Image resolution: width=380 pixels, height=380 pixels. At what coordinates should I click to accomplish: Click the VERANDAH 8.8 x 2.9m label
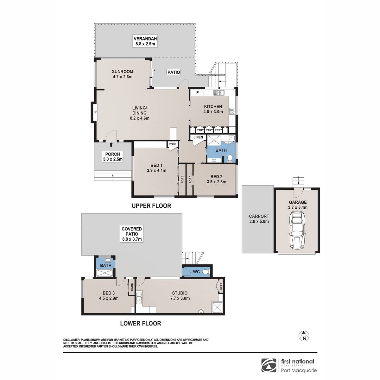[145, 41]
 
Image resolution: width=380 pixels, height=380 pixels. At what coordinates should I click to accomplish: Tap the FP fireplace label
[95, 112]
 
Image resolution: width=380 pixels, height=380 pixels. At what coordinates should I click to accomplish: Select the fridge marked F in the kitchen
[197, 93]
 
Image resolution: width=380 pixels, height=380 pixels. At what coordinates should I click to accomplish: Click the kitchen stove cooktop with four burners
[232, 111]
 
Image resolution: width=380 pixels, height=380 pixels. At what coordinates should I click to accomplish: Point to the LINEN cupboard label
[198, 137]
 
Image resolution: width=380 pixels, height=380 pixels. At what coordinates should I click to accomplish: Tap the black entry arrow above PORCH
[111, 144]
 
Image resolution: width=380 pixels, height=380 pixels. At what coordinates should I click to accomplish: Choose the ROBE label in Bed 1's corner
[173, 144]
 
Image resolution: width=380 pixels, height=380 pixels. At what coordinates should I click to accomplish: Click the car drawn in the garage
[297, 232]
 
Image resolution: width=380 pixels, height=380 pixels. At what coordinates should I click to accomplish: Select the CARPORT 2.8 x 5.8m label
[259, 219]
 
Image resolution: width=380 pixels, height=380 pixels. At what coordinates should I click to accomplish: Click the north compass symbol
[304, 336]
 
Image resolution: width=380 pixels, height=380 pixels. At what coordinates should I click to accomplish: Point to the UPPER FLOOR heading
[151, 206]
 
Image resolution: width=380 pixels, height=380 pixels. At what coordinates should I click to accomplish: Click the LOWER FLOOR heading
[141, 323]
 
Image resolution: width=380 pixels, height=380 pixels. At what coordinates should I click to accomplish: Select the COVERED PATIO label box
[132, 234]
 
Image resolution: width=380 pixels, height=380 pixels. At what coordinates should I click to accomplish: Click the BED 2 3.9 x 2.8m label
[216, 179]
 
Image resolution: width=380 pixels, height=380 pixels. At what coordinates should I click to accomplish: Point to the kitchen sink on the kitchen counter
[219, 92]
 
